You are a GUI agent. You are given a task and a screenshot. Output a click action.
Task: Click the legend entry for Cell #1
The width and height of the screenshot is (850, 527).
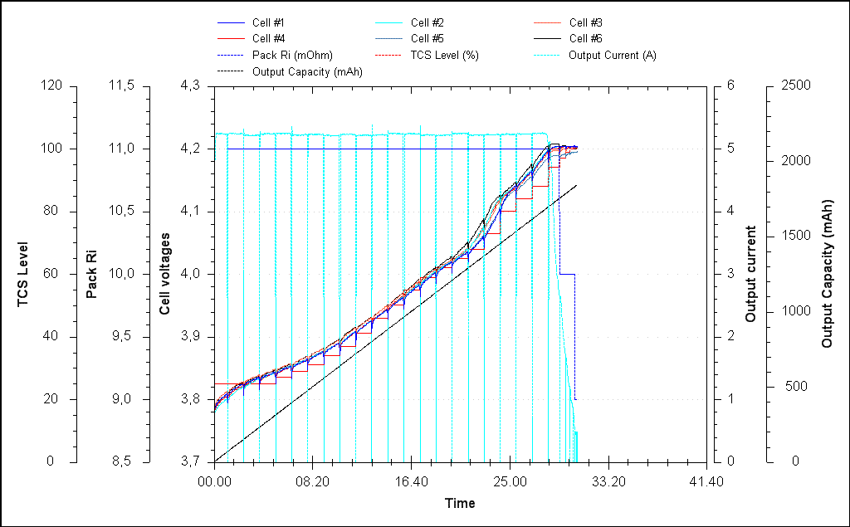coord(270,22)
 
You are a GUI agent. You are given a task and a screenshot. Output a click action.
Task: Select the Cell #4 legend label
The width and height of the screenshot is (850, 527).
coord(270,39)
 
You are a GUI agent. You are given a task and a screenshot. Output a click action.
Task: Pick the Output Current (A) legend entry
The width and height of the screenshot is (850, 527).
coord(613,56)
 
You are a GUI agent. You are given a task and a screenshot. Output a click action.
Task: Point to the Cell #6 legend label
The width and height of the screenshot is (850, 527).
coord(586,39)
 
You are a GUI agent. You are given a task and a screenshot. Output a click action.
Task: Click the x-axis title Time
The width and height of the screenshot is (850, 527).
coord(460,503)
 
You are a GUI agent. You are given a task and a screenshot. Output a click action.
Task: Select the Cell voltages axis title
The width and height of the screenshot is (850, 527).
coord(166,274)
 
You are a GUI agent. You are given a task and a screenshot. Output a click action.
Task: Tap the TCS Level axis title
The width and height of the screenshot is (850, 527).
coord(23,274)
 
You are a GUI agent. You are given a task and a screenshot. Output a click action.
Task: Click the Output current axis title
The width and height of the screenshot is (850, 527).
coord(750,274)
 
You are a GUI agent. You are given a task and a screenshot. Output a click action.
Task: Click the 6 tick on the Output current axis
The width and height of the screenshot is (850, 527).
coord(730,85)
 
